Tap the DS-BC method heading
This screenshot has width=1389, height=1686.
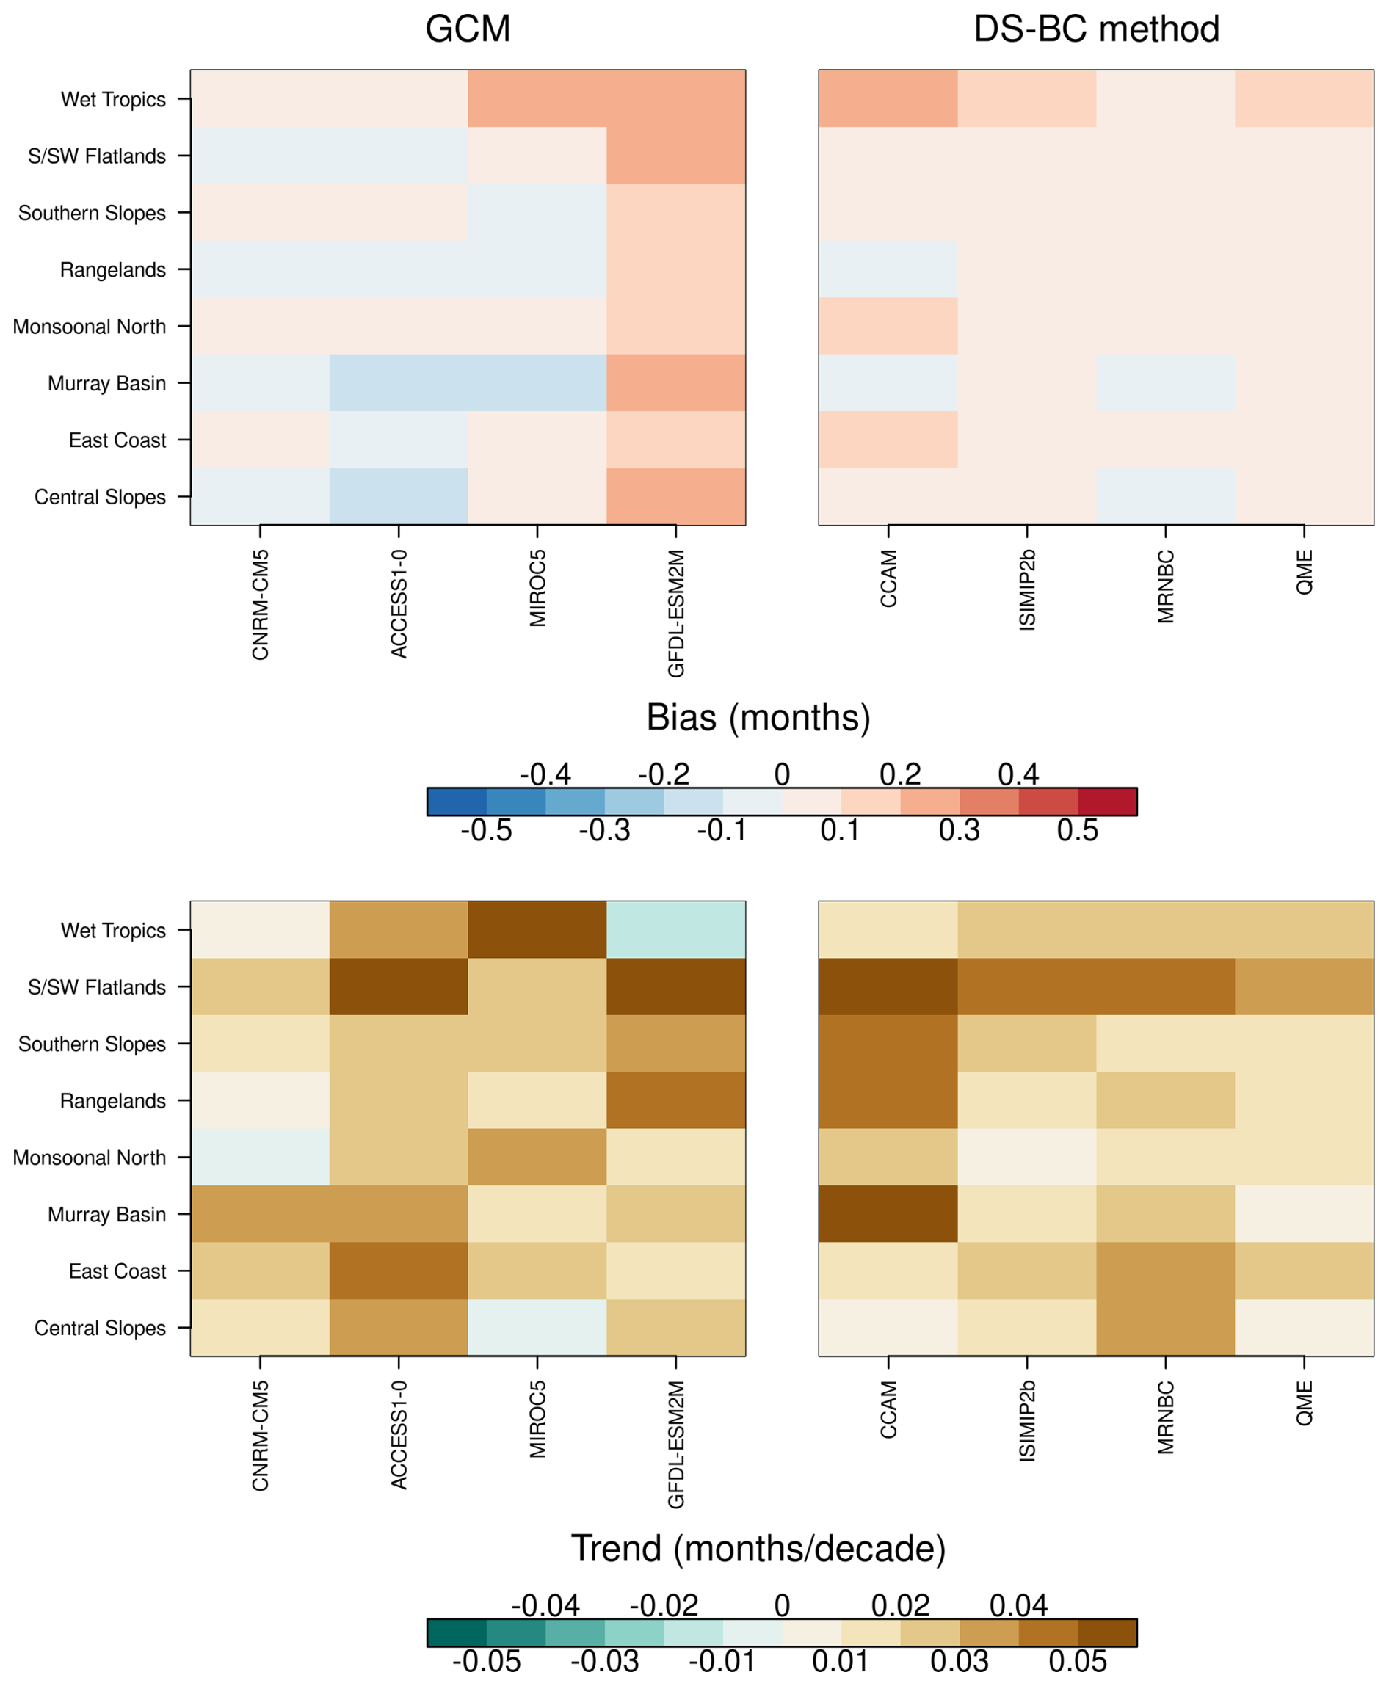(x=1095, y=29)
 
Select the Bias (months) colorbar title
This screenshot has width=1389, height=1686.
(x=758, y=717)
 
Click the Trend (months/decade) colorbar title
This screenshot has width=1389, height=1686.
(x=758, y=1549)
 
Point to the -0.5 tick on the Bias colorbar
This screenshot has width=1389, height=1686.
(x=486, y=830)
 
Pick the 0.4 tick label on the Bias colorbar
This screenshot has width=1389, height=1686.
(x=1018, y=774)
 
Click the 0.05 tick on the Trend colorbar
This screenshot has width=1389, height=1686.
(x=1077, y=1662)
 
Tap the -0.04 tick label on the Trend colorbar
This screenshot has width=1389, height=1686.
(x=545, y=1605)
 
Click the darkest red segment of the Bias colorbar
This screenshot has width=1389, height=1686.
(x=1106, y=802)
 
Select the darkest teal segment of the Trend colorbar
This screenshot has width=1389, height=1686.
(x=457, y=1632)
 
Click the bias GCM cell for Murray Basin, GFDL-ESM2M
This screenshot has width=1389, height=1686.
(x=675, y=382)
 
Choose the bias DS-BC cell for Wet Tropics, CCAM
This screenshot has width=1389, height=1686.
(x=888, y=98)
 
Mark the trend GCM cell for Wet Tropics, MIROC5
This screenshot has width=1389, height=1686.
(x=537, y=929)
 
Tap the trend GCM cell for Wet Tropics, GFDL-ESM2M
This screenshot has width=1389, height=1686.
(x=675, y=929)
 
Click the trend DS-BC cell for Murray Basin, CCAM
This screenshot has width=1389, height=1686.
(x=888, y=1213)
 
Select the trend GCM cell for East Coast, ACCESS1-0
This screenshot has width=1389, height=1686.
(x=399, y=1270)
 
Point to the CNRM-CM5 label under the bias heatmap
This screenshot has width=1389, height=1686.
(x=260, y=605)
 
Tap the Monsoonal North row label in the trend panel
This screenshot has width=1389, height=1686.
(x=89, y=1158)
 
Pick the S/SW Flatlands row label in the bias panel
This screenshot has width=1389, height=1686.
(x=97, y=156)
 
